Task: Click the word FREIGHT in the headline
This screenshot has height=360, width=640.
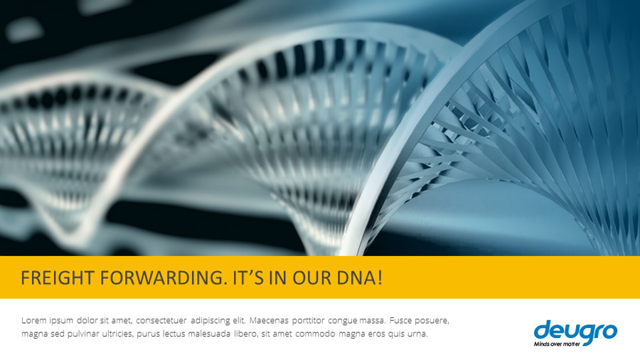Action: click(58, 278)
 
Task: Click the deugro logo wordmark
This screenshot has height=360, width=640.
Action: click(575, 331)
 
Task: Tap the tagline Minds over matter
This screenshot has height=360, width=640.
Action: click(557, 344)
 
